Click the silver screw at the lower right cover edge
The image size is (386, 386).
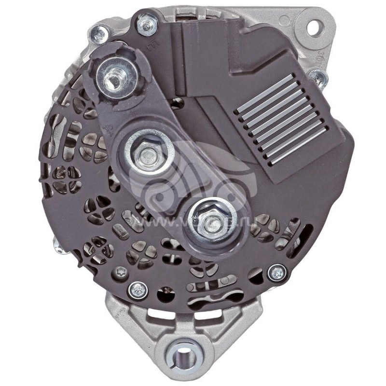click(276, 273)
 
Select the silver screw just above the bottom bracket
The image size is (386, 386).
click(138, 289)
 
